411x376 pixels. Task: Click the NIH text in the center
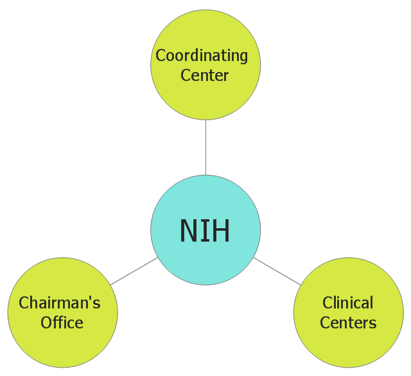205,230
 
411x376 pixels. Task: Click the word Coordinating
202,56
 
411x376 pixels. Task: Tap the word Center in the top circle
204,75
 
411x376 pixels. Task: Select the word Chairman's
60,303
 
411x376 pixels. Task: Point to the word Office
62,322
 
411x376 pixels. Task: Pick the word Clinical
347,303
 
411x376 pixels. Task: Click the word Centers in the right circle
348,323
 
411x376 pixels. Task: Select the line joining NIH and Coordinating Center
205,147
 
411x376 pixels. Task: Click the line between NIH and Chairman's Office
134,271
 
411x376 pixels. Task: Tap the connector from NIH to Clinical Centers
277,271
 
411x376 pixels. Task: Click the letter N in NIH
188,230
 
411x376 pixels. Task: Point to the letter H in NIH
221,230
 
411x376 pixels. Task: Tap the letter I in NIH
205,230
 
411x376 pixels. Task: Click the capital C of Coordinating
161,55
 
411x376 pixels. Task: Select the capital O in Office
46,323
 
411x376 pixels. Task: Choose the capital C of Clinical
328,303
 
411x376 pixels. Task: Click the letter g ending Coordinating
243,58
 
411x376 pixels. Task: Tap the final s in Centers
373,325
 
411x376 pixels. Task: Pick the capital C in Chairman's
24,303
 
